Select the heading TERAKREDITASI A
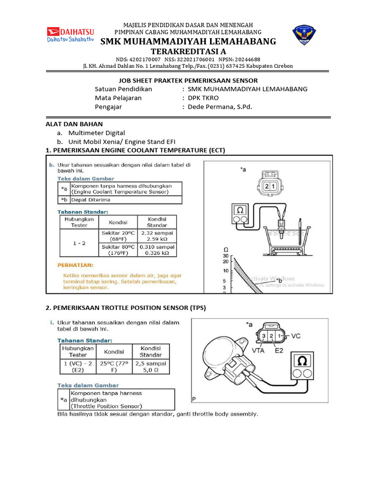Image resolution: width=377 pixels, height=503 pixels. point(188,52)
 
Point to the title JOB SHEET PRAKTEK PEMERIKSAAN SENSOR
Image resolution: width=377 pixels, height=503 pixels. point(188,80)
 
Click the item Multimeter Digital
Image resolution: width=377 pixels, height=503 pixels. point(97,133)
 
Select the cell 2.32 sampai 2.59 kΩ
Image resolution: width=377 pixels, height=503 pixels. point(157,235)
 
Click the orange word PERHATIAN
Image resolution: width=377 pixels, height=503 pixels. point(76,264)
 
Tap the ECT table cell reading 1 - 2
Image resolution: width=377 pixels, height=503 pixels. point(79,242)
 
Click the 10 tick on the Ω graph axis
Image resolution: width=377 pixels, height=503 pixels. point(226,271)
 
